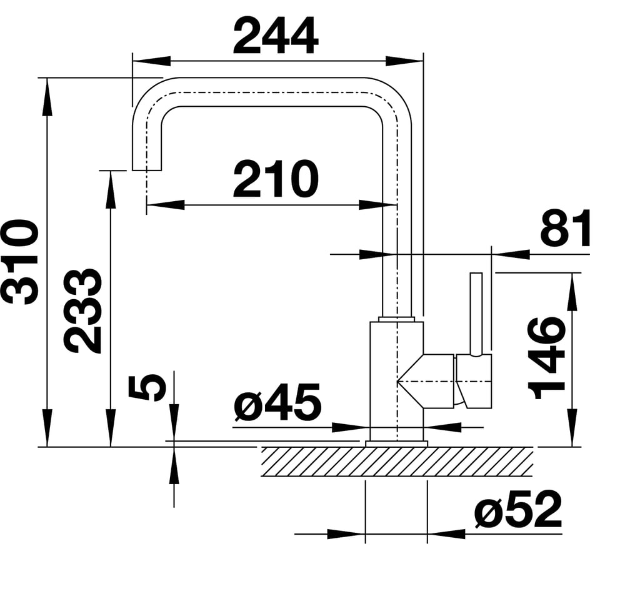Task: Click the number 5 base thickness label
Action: [x=147, y=387]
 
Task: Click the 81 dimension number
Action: [x=566, y=229]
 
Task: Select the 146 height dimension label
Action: [x=547, y=357]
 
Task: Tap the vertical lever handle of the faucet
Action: [x=476, y=312]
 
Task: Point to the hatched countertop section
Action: [x=397, y=462]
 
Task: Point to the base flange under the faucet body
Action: [x=396, y=443]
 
